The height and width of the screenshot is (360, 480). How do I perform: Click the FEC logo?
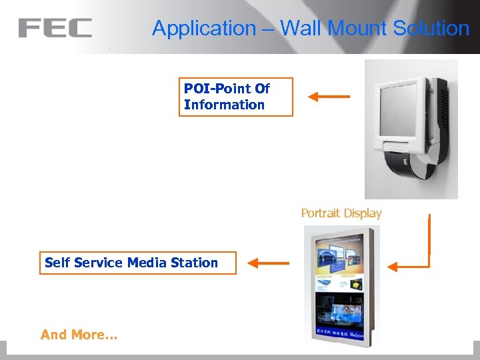tap(55, 28)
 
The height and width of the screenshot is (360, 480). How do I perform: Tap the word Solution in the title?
tap(431, 28)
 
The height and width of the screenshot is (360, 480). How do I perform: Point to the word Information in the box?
tap(224, 105)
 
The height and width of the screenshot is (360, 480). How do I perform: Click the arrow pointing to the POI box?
tap(329, 97)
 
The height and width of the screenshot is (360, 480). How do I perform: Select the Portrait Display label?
tap(341, 213)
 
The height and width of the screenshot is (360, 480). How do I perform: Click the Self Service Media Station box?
tap(138, 263)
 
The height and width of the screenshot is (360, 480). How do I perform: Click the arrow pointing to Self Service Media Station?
tap(269, 263)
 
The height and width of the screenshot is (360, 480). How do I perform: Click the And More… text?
tap(79, 335)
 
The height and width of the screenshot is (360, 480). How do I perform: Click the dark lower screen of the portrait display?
tap(340, 313)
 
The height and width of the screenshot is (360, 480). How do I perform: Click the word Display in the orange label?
tap(361, 213)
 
